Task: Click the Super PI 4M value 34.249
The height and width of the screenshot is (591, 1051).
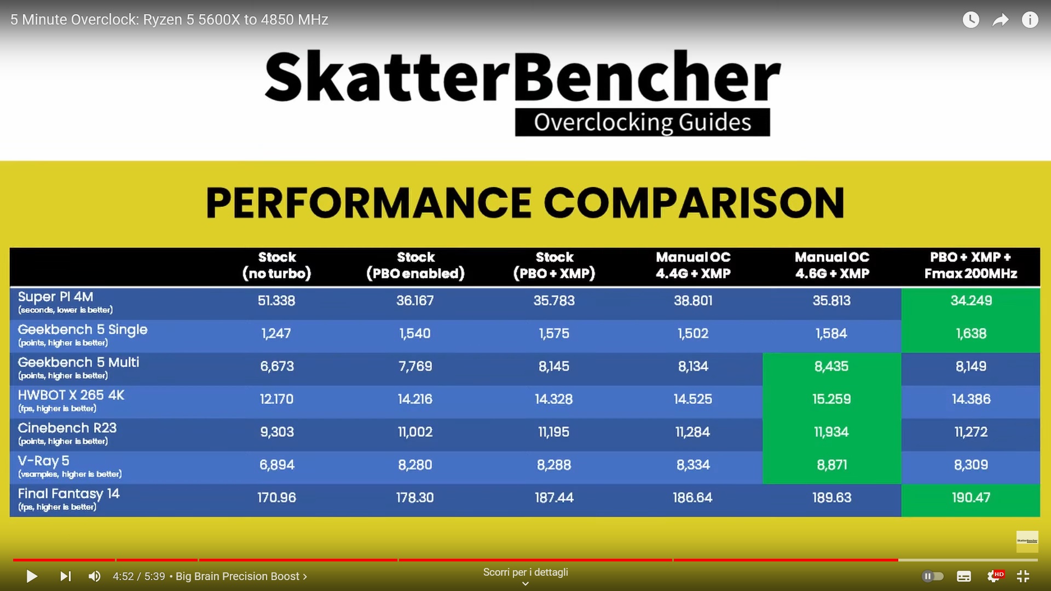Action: [971, 300]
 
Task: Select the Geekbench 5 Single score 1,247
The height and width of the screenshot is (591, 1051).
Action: [276, 333]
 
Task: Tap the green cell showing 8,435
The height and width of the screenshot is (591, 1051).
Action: [831, 366]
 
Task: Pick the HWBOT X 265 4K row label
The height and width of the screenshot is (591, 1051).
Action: [71, 400]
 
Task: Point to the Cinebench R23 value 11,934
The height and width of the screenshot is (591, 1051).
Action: [831, 432]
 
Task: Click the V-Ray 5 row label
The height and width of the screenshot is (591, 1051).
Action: [70, 466]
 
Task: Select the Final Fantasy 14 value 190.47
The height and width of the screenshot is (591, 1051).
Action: [971, 497]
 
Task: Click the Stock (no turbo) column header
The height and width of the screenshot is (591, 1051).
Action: [277, 265]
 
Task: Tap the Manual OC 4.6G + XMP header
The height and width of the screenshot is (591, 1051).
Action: [832, 265]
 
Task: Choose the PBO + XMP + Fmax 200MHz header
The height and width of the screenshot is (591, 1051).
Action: [971, 265]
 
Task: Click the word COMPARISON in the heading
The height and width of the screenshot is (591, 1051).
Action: [694, 203]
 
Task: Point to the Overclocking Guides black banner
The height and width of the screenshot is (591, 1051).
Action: [642, 122]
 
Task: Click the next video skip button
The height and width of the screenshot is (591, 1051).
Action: [65, 576]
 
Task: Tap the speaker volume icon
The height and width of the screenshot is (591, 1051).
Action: [94, 576]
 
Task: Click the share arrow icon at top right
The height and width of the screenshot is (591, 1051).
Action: [1001, 20]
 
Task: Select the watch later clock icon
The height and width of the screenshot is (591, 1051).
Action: [971, 20]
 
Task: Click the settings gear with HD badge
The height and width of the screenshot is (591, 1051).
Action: [994, 576]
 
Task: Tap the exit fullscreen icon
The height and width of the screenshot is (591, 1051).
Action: [1023, 576]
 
